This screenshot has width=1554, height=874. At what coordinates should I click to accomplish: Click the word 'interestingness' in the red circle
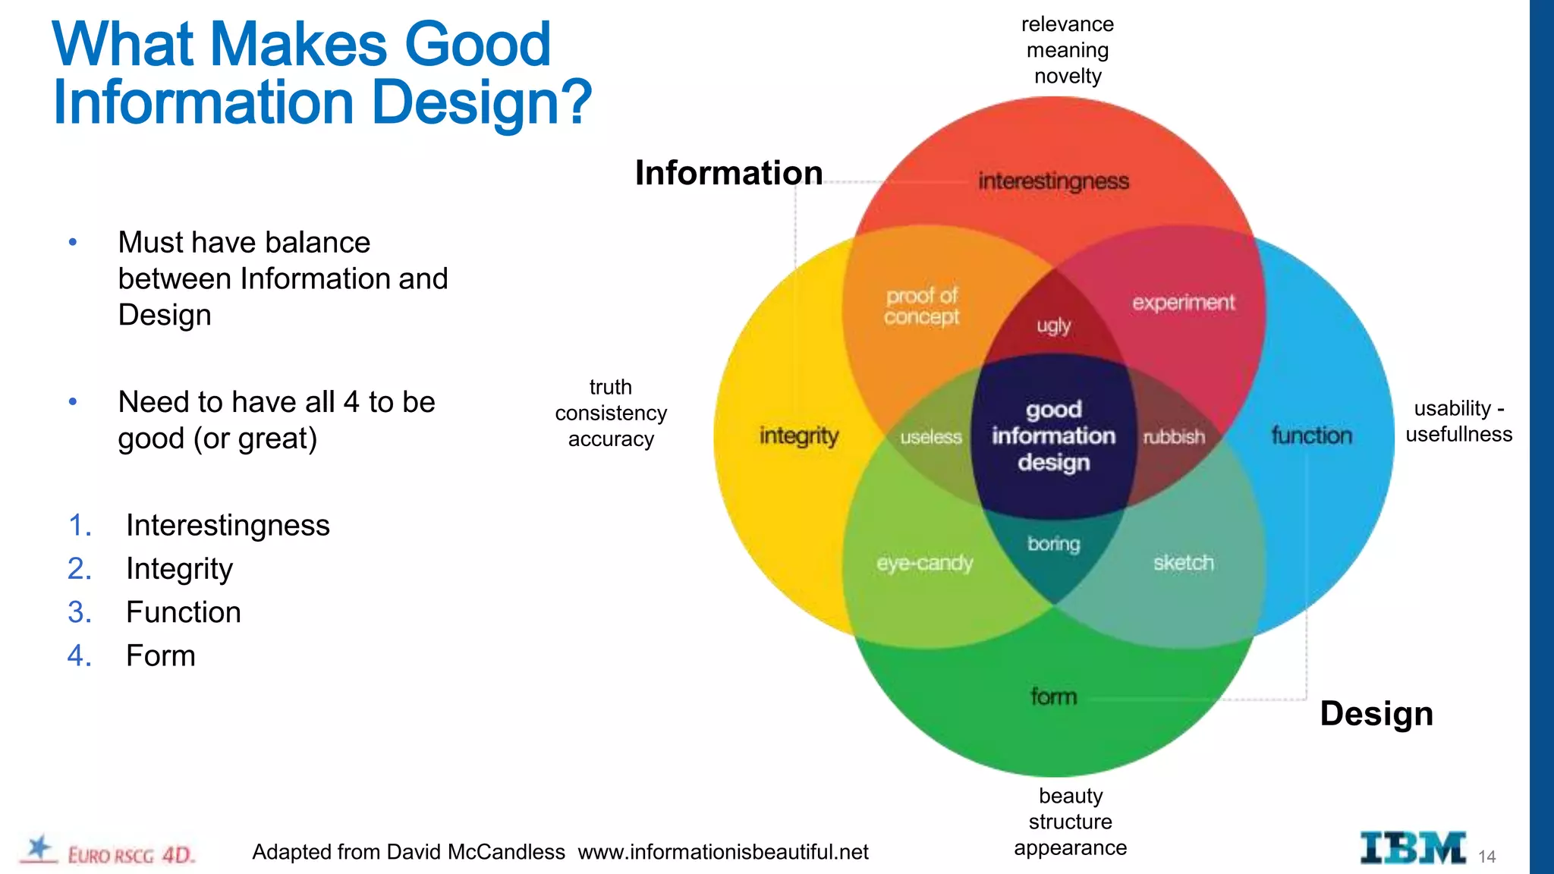pyautogui.click(x=1053, y=181)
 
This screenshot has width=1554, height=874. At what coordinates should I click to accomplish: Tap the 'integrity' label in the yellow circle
pyautogui.click(x=799, y=436)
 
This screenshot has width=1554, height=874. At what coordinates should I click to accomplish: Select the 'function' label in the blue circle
pyautogui.click(x=1311, y=435)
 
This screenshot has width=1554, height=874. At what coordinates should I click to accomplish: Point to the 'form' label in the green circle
pyautogui.click(x=1053, y=696)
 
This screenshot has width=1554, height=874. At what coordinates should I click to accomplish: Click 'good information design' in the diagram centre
pyautogui.click(x=1053, y=435)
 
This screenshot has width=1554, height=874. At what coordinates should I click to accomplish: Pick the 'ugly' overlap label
pyautogui.click(x=1053, y=326)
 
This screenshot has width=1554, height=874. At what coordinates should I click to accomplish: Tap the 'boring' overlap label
pyautogui.click(x=1053, y=544)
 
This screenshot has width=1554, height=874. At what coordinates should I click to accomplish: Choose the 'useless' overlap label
pyautogui.click(x=930, y=437)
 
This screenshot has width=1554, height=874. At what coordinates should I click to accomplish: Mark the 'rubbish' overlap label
pyautogui.click(x=1174, y=437)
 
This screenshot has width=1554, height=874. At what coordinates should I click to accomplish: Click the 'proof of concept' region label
pyautogui.click(x=922, y=306)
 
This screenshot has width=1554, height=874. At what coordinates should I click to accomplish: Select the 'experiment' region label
pyautogui.click(x=1183, y=303)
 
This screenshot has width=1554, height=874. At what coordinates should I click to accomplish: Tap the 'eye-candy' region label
pyautogui.click(x=924, y=563)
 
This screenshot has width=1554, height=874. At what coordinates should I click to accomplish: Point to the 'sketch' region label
pyautogui.click(x=1183, y=563)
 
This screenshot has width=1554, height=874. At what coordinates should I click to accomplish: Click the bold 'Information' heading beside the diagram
pyautogui.click(x=728, y=173)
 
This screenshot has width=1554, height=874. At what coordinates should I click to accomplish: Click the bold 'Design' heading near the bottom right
pyautogui.click(x=1376, y=714)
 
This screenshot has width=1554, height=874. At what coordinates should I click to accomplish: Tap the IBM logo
pyautogui.click(x=1412, y=848)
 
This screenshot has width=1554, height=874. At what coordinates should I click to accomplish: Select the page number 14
pyautogui.click(x=1486, y=857)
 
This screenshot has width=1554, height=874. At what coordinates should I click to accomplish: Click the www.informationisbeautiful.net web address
pyautogui.click(x=722, y=852)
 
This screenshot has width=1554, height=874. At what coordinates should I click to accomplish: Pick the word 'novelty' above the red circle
pyautogui.click(x=1067, y=76)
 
